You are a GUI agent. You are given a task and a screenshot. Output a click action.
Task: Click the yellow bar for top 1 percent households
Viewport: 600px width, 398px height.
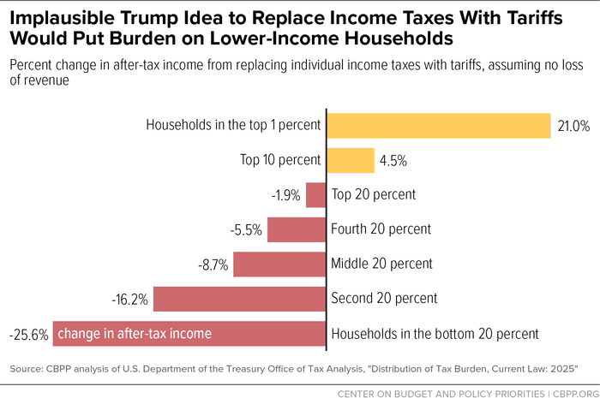(x=438, y=126)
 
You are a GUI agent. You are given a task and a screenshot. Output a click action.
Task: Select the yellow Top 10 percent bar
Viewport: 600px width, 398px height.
(x=351, y=160)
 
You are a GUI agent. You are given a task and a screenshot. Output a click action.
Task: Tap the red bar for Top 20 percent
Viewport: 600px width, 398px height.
(x=316, y=195)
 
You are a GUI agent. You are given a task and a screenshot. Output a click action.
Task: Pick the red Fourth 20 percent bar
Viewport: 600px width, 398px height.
(x=297, y=229)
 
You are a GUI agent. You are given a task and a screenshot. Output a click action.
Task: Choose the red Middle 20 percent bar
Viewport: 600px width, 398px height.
(x=279, y=264)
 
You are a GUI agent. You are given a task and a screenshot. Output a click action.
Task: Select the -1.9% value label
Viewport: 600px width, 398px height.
(x=285, y=195)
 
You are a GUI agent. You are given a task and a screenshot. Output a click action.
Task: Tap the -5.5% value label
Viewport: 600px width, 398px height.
(x=247, y=229)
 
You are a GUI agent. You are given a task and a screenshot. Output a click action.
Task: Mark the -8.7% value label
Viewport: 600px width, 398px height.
(x=213, y=264)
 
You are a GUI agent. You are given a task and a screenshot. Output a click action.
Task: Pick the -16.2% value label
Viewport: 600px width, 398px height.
(x=130, y=300)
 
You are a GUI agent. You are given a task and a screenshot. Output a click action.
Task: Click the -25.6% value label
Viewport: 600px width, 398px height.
(x=27, y=334)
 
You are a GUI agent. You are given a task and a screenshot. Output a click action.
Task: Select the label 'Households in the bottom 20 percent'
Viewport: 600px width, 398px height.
(x=435, y=334)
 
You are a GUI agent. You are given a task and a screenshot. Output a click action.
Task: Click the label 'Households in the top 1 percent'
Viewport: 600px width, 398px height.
(x=233, y=125)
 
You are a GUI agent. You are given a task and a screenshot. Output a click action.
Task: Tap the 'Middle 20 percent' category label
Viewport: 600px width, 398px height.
(x=381, y=264)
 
